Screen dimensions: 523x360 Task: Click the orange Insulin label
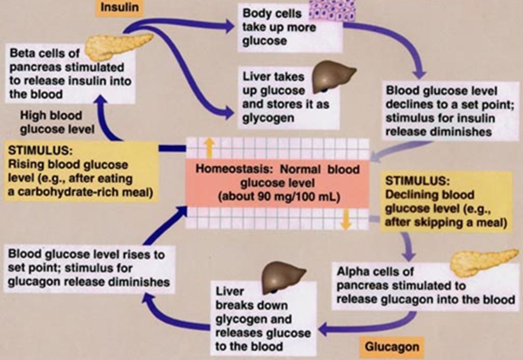(x=119, y=8)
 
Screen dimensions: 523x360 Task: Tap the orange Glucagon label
(x=392, y=347)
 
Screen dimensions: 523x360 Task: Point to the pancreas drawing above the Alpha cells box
(x=484, y=262)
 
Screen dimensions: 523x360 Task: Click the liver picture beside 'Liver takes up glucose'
(x=333, y=77)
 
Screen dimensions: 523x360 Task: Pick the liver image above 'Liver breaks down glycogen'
(x=283, y=277)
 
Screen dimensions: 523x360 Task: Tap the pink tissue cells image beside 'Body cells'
(x=332, y=10)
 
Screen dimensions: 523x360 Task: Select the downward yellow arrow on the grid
(x=346, y=219)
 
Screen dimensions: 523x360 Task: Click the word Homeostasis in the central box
(x=234, y=169)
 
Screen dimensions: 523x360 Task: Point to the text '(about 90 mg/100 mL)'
(x=279, y=197)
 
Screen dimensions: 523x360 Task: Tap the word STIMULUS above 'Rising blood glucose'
(x=40, y=151)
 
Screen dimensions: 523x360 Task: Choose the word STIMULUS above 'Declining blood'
(x=417, y=181)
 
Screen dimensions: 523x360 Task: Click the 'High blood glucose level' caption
(x=57, y=123)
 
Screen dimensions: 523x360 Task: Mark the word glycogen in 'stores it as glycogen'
(x=268, y=118)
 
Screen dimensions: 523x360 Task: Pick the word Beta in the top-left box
(x=22, y=53)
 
